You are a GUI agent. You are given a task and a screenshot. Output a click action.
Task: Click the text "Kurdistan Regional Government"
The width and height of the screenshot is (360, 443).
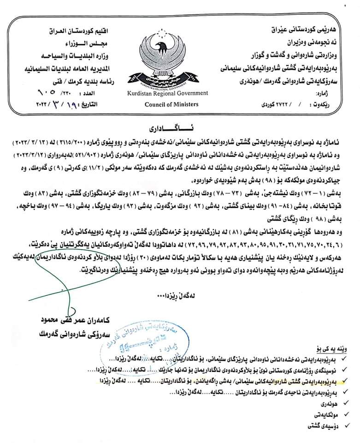(167, 93)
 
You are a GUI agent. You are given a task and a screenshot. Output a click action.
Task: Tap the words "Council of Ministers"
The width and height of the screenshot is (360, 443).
(167, 104)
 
